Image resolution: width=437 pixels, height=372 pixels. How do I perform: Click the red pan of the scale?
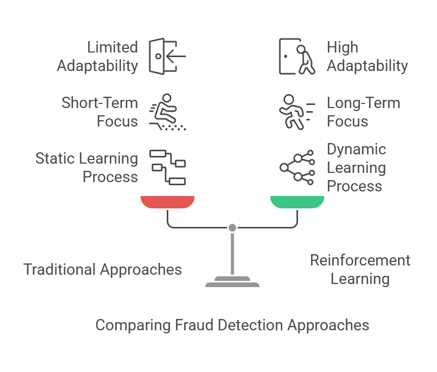coord(167,202)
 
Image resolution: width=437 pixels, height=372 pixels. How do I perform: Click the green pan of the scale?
coord(297,202)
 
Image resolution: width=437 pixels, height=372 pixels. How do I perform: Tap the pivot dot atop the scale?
coord(232,227)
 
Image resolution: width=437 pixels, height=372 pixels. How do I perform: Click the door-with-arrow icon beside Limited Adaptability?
coord(167,56)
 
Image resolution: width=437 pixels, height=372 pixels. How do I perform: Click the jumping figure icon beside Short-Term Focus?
coord(167,112)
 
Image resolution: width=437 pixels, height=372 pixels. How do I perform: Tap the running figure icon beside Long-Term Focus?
coord(296,112)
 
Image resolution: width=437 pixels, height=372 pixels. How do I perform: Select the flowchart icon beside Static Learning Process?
coord(167,167)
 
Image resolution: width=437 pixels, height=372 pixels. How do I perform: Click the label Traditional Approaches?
coord(102,269)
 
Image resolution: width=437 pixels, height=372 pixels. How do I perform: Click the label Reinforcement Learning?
coord(360,269)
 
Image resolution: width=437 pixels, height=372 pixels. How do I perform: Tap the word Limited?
coord(112,47)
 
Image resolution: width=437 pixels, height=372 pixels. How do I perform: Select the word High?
coord(342,47)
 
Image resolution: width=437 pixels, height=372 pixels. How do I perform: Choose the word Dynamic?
coord(356,149)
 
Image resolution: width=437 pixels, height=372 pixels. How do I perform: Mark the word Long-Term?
coord(363,103)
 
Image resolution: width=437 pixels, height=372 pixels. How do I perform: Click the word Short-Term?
coord(100,103)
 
